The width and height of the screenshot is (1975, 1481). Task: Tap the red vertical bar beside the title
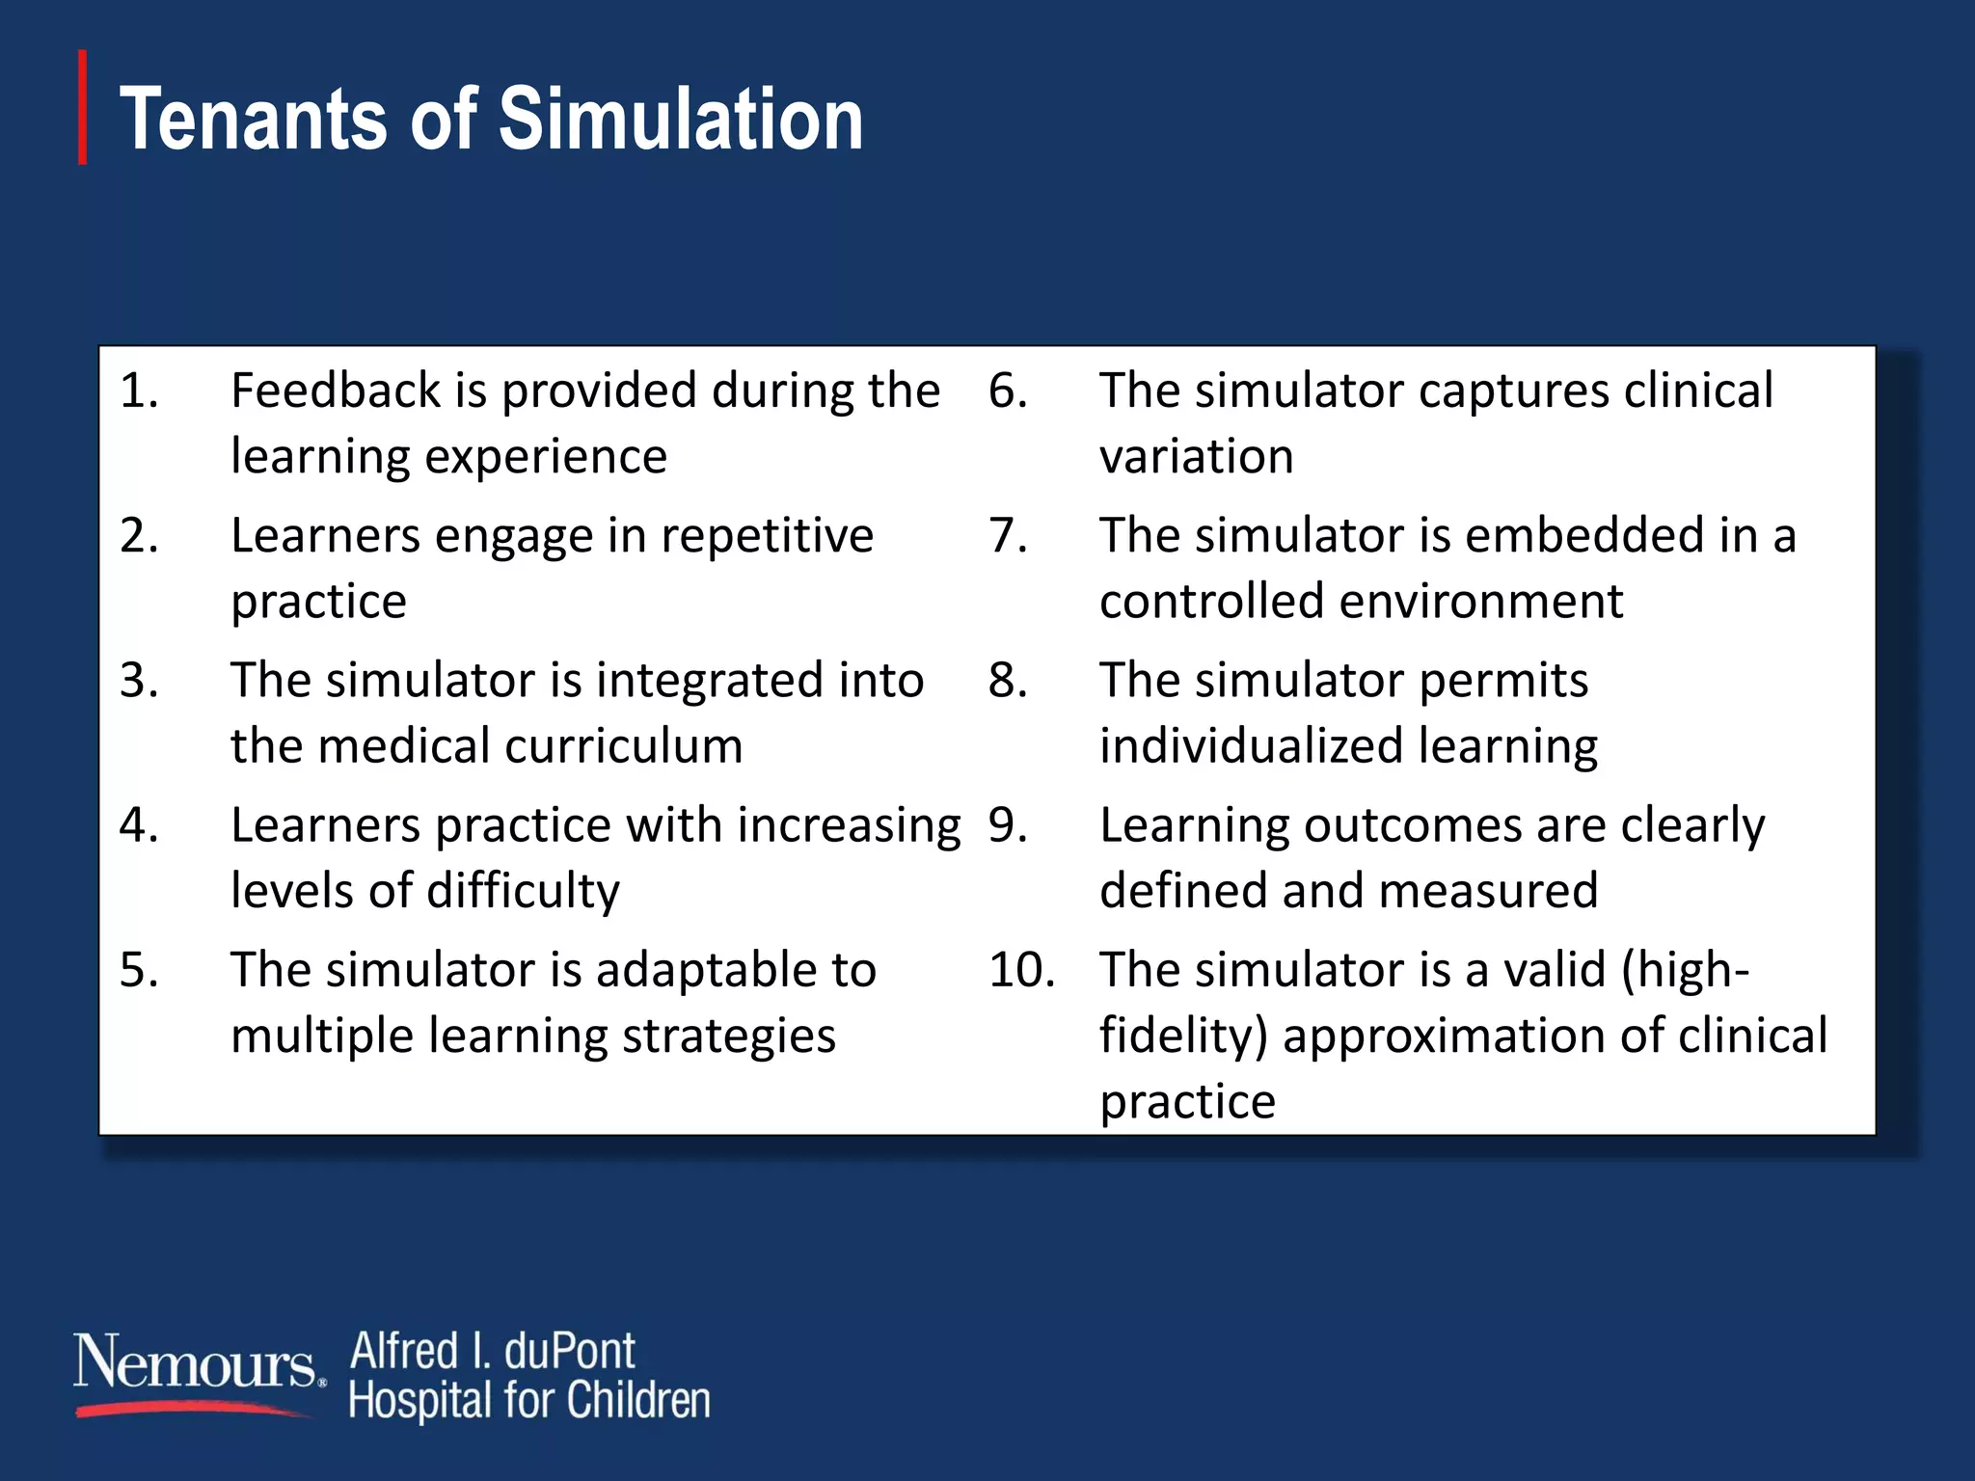pos(83,107)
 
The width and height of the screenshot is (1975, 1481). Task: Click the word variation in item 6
pos(1196,456)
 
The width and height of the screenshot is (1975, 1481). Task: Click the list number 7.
pos(1008,535)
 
